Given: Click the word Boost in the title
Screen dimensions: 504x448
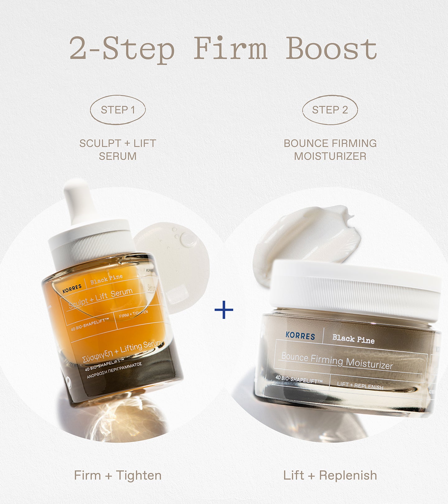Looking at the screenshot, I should (x=331, y=49).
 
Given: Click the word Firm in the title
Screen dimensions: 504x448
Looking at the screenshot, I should (x=231, y=49).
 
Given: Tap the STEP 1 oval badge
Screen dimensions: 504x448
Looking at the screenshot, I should (x=118, y=110).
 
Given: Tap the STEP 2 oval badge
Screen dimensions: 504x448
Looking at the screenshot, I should (x=330, y=110).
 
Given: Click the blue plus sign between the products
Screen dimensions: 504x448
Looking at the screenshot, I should (x=224, y=310).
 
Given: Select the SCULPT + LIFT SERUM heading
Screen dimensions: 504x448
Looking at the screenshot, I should (x=118, y=150).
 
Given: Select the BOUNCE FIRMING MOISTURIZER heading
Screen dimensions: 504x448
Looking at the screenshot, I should (x=330, y=150).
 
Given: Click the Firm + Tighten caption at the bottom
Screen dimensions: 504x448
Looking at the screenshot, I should (x=118, y=475).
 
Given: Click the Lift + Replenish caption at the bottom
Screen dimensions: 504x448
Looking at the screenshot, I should (x=330, y=475).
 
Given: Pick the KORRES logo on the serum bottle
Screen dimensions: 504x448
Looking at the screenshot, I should (x=72, y=288).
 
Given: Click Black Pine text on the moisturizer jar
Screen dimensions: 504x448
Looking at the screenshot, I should (x=353, y=339).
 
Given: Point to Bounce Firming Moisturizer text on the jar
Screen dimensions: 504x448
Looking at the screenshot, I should (x=337, y=361).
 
